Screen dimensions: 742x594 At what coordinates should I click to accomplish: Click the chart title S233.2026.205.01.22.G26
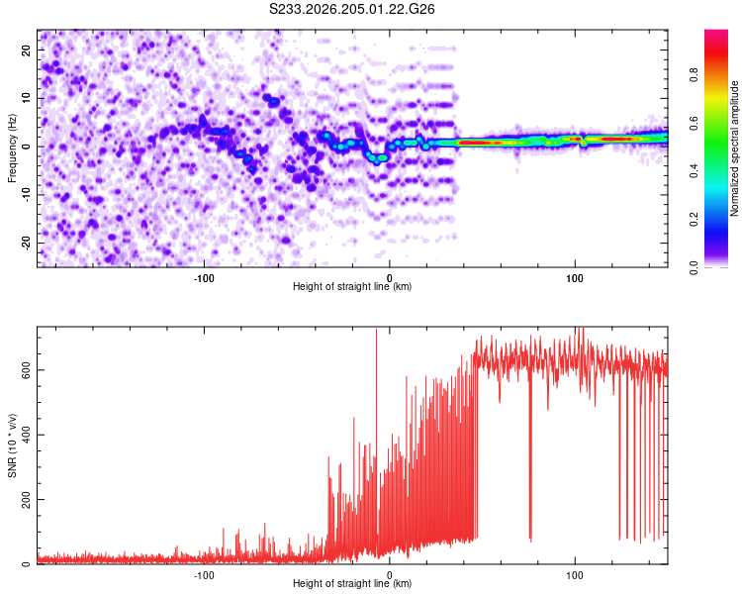click(x=351, y=9)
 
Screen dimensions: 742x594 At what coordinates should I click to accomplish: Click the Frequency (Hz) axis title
click(x=12, y=148)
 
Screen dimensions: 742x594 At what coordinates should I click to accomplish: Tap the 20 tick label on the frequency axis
click(x=27, y=50)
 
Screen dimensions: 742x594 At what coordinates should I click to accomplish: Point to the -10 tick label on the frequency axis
click(x=27, y=194)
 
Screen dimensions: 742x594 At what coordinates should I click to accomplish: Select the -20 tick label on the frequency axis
click(x=27, y=243)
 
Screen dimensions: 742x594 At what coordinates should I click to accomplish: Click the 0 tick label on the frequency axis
click(x=27, y=147)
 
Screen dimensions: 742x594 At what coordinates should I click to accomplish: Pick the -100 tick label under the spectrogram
click(x=204, y=278)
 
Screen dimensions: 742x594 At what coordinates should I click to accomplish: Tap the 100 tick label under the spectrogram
click(x=575, y=278)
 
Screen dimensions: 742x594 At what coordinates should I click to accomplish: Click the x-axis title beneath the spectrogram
click(x=352, y=286)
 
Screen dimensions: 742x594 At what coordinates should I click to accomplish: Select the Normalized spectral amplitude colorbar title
click(x=734, y=148)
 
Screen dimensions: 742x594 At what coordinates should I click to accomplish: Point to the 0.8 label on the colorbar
click(x=695, y=75)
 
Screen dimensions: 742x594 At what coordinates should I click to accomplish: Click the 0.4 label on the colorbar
click(x=695, y=171)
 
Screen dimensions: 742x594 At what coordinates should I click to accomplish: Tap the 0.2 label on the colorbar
click(x=695, y=220)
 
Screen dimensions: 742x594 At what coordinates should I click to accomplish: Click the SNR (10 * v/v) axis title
click(x=12, y=445)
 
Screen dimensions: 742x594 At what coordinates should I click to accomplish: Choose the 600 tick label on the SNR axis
click(x=27, y=370)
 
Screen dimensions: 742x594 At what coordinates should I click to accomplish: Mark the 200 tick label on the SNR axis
click(x=27, y=499)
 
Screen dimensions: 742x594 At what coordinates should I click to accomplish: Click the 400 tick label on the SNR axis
click(x=27, y=435)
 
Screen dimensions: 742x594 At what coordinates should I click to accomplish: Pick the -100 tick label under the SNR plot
click(x=204, y=575)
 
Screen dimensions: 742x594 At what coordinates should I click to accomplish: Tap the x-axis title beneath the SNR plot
click(x=352, y=583)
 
